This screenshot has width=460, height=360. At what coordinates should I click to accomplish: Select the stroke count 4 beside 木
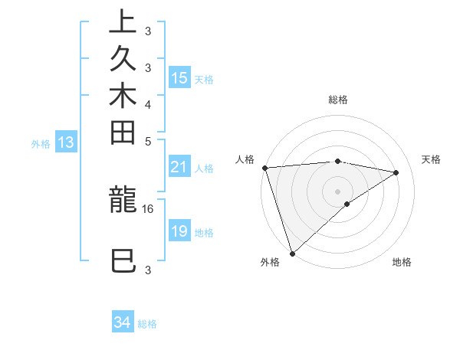pos(148,104)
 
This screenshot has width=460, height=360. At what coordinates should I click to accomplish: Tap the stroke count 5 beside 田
pos(148,141)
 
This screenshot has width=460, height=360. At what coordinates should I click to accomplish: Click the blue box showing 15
pos(179,77)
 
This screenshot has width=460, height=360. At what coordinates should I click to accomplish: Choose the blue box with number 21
pos(179,167)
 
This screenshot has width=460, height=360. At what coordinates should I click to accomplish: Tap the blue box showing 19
pos(179,231)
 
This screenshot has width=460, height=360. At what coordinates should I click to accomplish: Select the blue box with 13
pos(66,142)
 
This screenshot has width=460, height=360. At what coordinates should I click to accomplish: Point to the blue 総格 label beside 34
pos(147,324)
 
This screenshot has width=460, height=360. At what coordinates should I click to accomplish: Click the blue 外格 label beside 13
pos(41,143)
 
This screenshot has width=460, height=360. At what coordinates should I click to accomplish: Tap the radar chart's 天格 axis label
pos(431,159)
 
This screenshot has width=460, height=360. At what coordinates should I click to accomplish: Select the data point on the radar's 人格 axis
pos(264,167)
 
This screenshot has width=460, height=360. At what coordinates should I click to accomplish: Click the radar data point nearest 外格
pos(292,253)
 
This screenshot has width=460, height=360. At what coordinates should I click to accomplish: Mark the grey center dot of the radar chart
pos(337,191)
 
